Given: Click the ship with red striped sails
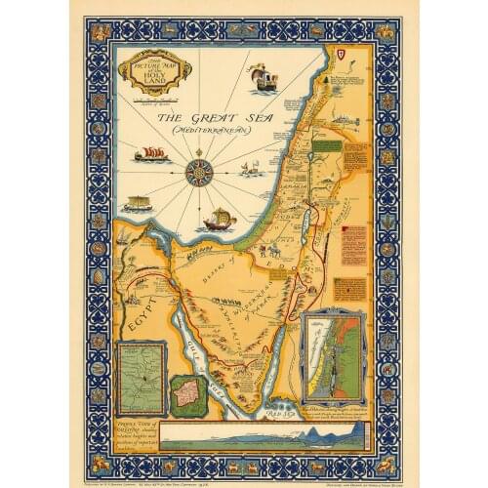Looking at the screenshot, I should tap(153, 154).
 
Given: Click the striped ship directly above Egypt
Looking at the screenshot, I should tap(138, 205).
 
